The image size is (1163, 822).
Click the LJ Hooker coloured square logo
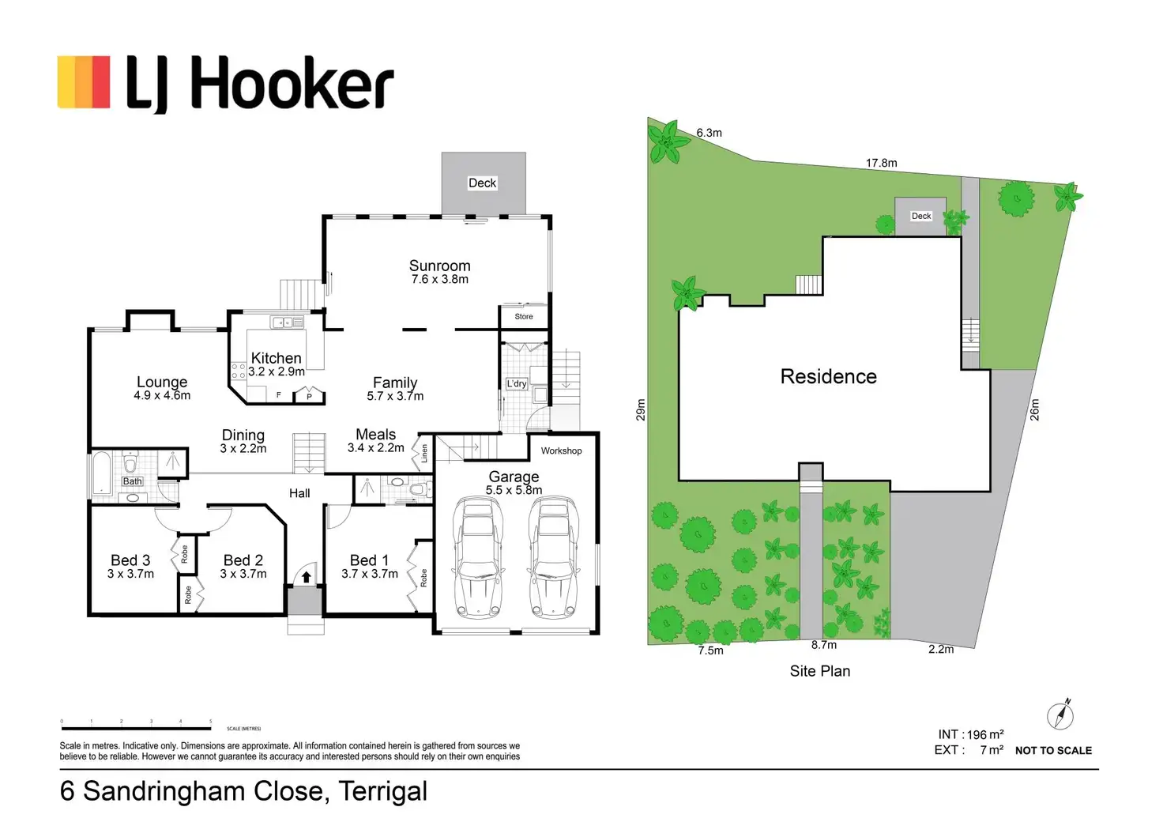(84, 81)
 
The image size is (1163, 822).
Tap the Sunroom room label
(439, 266)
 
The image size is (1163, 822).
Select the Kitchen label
(276, 358)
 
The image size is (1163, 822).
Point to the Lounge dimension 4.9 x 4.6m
(162, 395)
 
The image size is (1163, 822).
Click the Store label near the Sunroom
(524, 316)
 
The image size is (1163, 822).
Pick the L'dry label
(517, 383)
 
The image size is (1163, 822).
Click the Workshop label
(561, 451)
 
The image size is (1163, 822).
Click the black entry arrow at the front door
(306, 578)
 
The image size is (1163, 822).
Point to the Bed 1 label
(369, 560)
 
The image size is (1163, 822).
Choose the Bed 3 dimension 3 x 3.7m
(130, 574)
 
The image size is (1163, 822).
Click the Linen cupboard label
(424, 453)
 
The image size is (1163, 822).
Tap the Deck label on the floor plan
(482, 183)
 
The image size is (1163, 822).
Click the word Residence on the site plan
(828, 376)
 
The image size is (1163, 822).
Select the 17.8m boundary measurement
(881, 163)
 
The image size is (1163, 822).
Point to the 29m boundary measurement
(641, 409)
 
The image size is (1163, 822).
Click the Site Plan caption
(820, 671)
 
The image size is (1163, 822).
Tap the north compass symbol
(1060, 715)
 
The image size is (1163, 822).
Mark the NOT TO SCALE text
(1053, 750)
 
